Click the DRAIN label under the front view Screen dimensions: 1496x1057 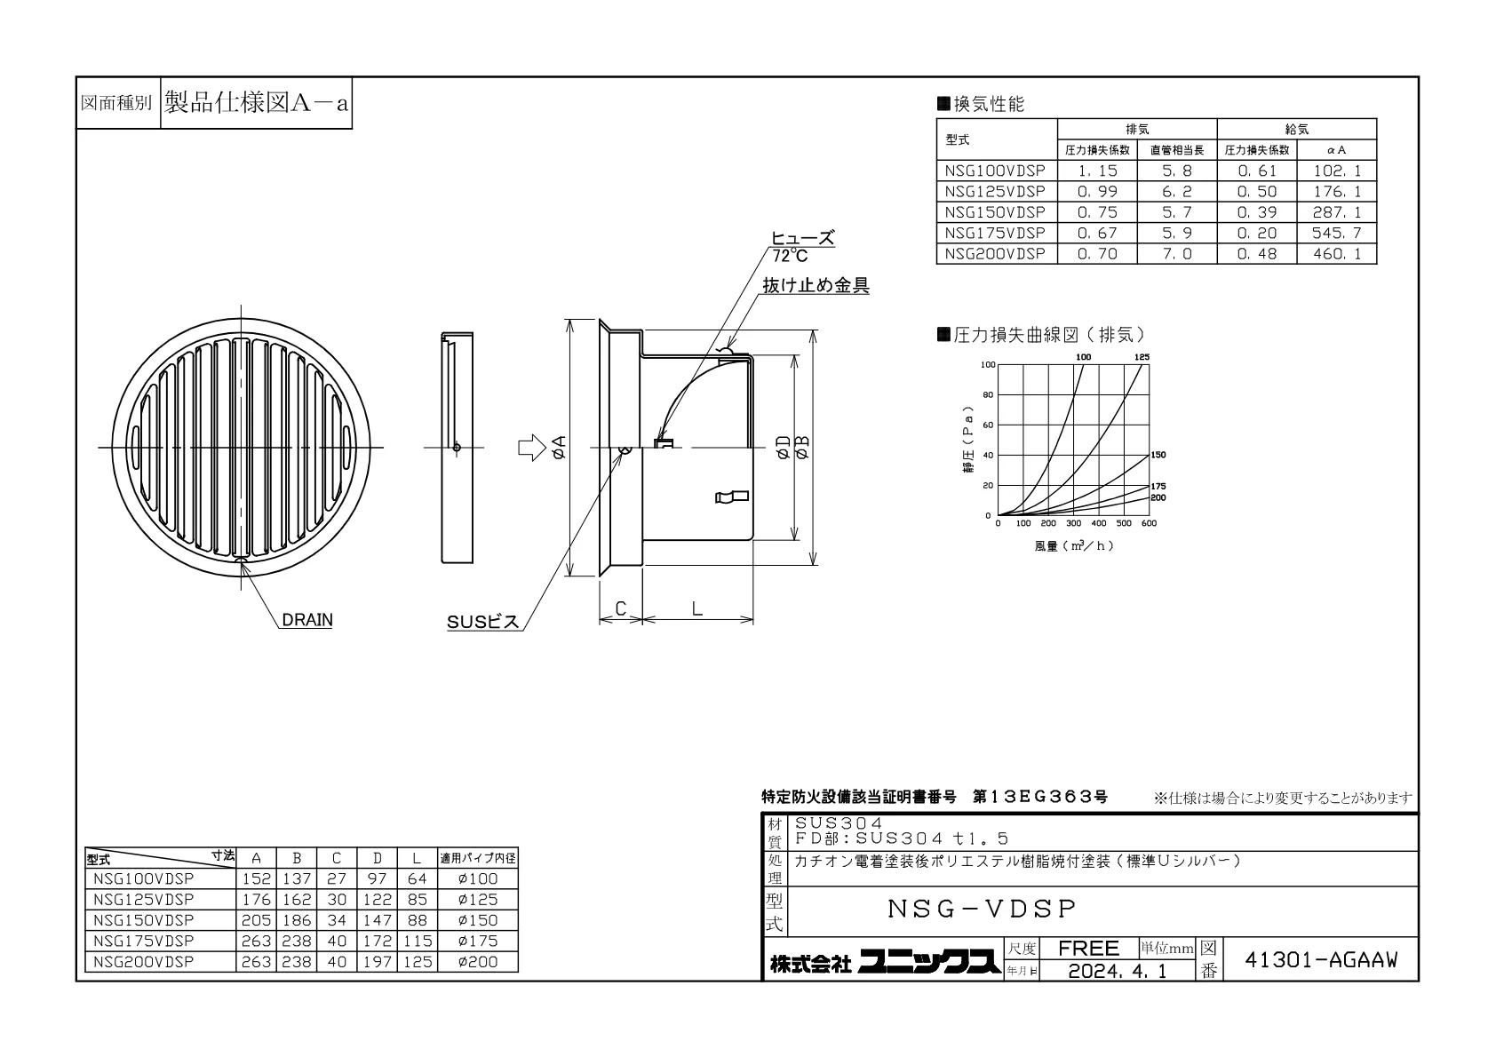(x=307, y=620)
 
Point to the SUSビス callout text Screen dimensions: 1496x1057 (x=483, y=622)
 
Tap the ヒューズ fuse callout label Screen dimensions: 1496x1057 (x=803, y=238)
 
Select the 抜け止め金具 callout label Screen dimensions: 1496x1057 (x=816, y=286)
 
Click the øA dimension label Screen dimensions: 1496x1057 (x=560, y=447)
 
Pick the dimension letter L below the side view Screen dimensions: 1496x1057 (x=697, y=608)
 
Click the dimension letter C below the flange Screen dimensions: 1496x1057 (x=620, y=608)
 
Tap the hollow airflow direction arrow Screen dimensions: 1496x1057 (x=532, y=448)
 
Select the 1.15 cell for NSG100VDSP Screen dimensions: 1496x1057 (x=1097, y=171)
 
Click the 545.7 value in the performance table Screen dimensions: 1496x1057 (x=1337, y=233)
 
